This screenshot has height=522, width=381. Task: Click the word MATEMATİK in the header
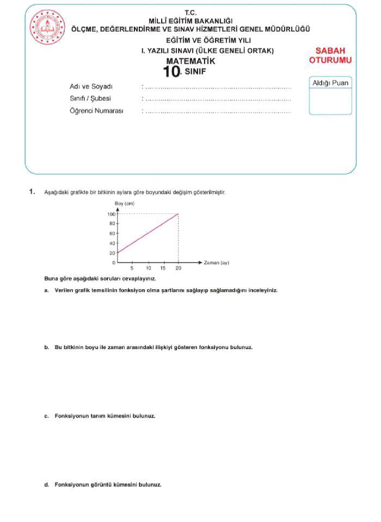click(x=190, y=61)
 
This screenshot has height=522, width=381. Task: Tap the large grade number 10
click(x=171, y=72)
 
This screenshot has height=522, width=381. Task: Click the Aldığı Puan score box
click(x=330, y=96)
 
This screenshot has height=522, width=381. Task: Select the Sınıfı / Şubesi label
click(x=90, y=99)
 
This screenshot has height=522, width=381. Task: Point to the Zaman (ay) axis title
click(x=216, y=263)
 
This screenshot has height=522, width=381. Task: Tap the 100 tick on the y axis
click(x=111, y=214)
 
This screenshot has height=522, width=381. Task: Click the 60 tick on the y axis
click(x=112, y=233)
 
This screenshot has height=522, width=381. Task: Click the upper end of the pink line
click(x=178, y=214)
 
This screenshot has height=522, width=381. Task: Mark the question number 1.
click(x=32, y=192)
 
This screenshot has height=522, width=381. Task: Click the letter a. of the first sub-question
click(x=47, y=290)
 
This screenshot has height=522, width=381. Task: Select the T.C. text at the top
click(x=190, y=13)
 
